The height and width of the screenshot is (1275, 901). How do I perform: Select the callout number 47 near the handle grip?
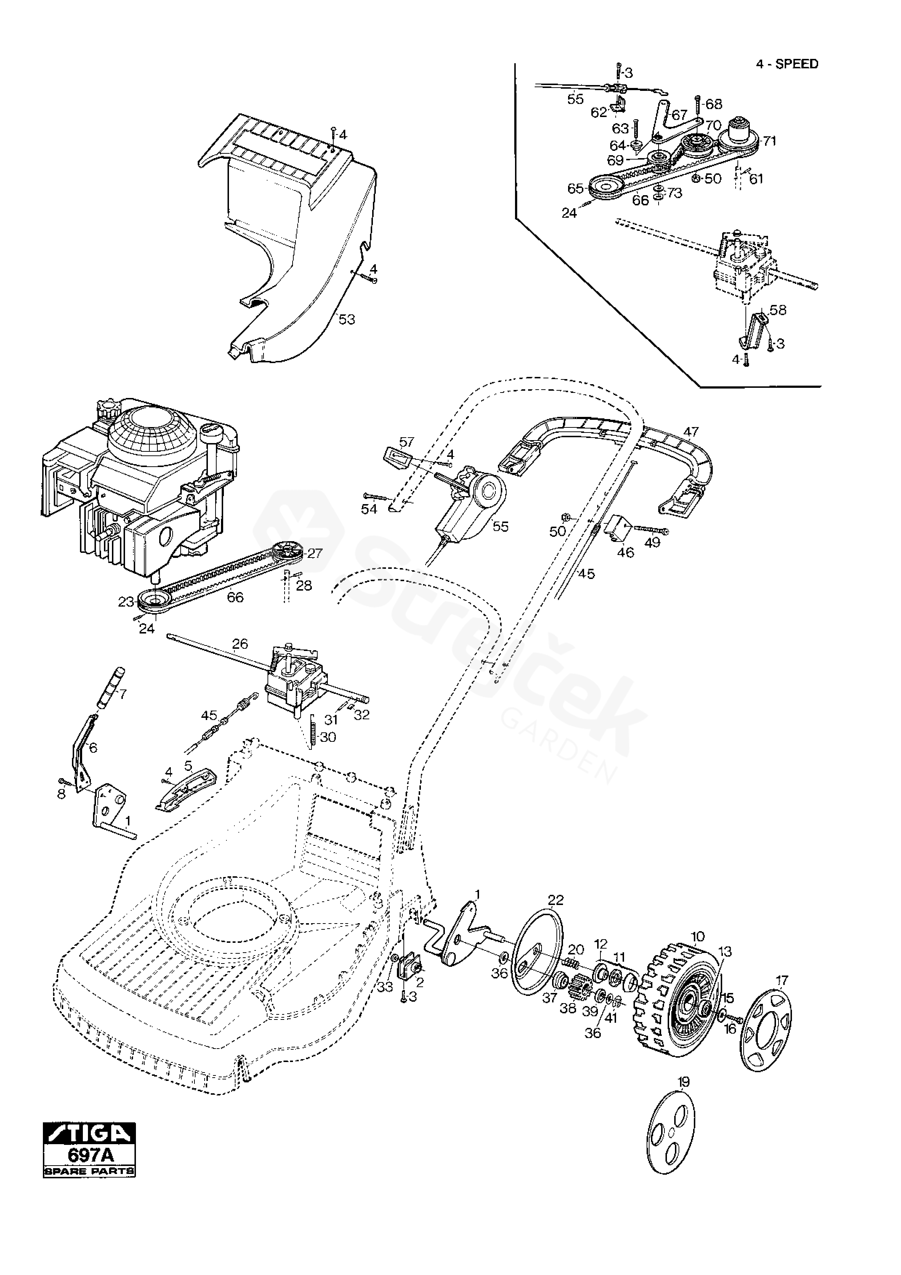[x=691, y=431]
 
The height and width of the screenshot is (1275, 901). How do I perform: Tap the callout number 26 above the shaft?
[x=240, y=644]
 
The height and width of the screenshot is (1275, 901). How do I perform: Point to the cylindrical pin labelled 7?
[x=111, y=687]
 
